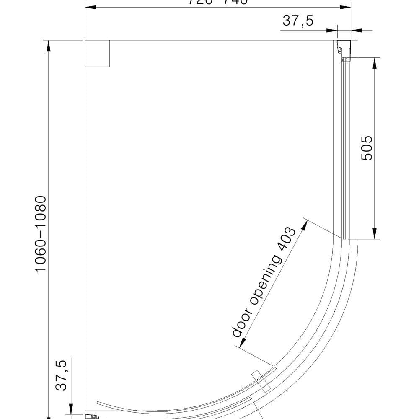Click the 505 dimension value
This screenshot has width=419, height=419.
click(367, 147)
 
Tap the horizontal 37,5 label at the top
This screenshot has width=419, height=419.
click(298, 21)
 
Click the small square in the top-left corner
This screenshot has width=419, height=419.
click(97, 54)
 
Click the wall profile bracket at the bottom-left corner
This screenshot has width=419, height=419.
click(91, 416)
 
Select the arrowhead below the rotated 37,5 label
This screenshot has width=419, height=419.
click(72, 409)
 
